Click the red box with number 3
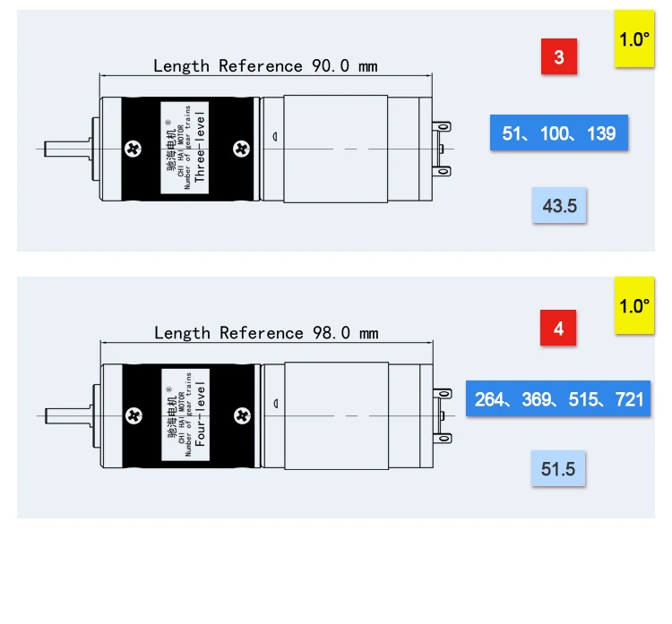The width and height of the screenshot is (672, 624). click(559, 56)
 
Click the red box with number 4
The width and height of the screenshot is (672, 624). click(558, 328)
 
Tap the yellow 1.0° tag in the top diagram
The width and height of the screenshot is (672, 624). click(634, 38)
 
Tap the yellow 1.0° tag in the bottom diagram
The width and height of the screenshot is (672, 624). click(634, 305)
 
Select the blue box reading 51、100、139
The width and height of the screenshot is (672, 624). click(559, 132)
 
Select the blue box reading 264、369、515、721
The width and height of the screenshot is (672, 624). click(558, 398)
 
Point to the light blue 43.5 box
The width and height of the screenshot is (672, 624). click(559, 205)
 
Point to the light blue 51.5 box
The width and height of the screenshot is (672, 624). click(558, 468)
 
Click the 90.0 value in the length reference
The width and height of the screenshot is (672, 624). click(331, 66)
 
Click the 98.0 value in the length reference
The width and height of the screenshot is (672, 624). click(332, 333)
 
